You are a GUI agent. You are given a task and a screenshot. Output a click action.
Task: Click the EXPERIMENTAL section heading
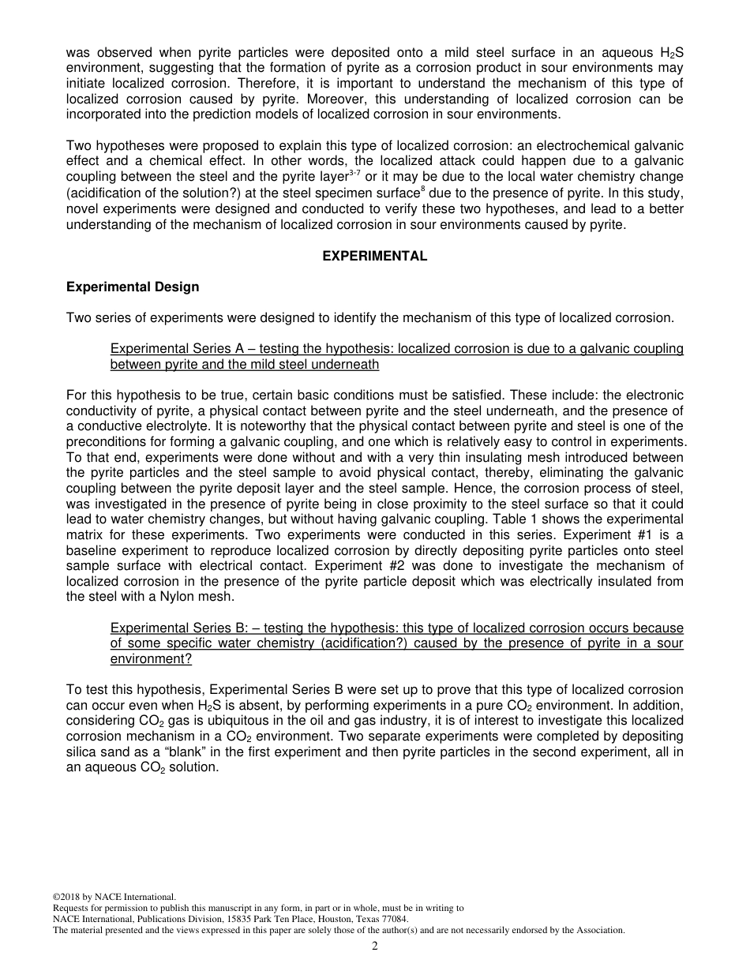click(x=374, y=256)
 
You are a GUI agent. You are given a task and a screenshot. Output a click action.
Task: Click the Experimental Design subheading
click(x=133, y=287)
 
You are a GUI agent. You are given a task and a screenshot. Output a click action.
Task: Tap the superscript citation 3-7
click(x=356, y=172)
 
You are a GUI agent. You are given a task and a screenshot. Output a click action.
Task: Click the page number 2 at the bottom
click(x=375, y=947)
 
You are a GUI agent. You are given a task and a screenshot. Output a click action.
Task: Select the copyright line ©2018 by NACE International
click(x=114, y=897)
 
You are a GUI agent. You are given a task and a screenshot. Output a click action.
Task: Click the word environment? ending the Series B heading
click(x=151, y=658)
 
